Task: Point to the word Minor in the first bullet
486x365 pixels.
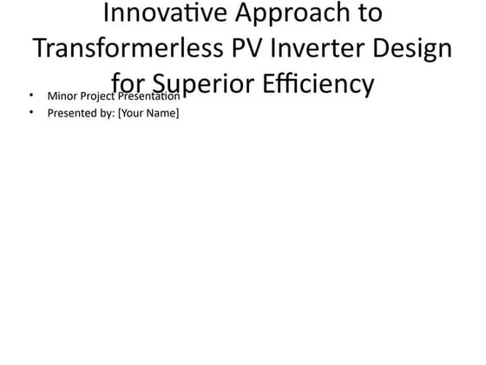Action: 62,96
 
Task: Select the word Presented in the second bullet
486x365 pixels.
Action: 70,113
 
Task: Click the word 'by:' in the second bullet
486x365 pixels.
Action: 105,113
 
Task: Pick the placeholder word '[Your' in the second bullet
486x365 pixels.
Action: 131,113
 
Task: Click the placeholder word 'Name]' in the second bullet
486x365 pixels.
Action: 163,113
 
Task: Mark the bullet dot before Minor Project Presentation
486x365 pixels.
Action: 31,96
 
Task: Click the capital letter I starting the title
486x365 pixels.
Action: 106,14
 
